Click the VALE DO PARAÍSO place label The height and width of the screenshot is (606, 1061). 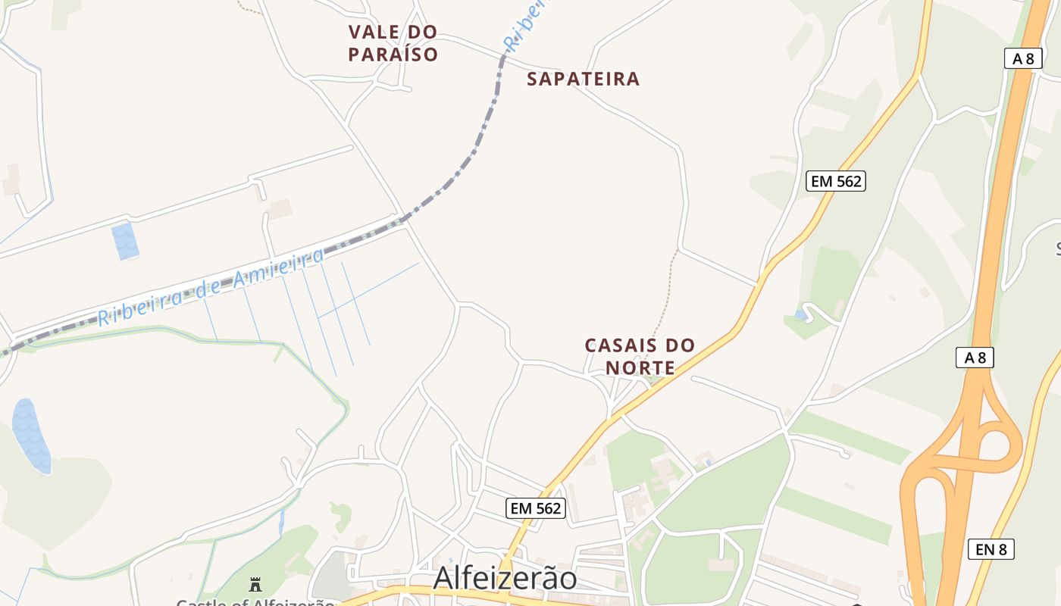pyautogui.click(x=393, y=43)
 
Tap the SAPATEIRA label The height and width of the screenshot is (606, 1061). pyautogui.click(x=583, y=79)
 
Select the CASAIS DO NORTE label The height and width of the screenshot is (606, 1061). pyautogui.click(x=640, y=357)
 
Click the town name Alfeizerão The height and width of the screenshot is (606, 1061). pyautogui.click(x=505, y=578)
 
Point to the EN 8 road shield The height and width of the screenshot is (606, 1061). pyautogui.click(x=991, y=549)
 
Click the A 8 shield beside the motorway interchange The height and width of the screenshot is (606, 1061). pyautogui.click(x=975, y=358)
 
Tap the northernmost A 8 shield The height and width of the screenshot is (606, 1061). pyautogui.click(x=1022, y=58)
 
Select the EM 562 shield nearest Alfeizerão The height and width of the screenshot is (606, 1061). pyautogui.click(x=536, y=508)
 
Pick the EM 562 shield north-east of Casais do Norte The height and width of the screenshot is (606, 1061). pyautogui.click(x=836, y=181)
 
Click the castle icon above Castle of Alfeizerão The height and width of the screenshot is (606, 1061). pyautogui.click(x=255, y=585)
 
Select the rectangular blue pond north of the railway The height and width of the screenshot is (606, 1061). pyautogui.click(x=125, y=241)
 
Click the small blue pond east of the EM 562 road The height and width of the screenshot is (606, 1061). pyautogui.click(x=800, y=314)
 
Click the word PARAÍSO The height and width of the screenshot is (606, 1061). pyautogui.click(x=393, y=55)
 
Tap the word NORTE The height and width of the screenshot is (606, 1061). pyautogui.click(x=640, y=368)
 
